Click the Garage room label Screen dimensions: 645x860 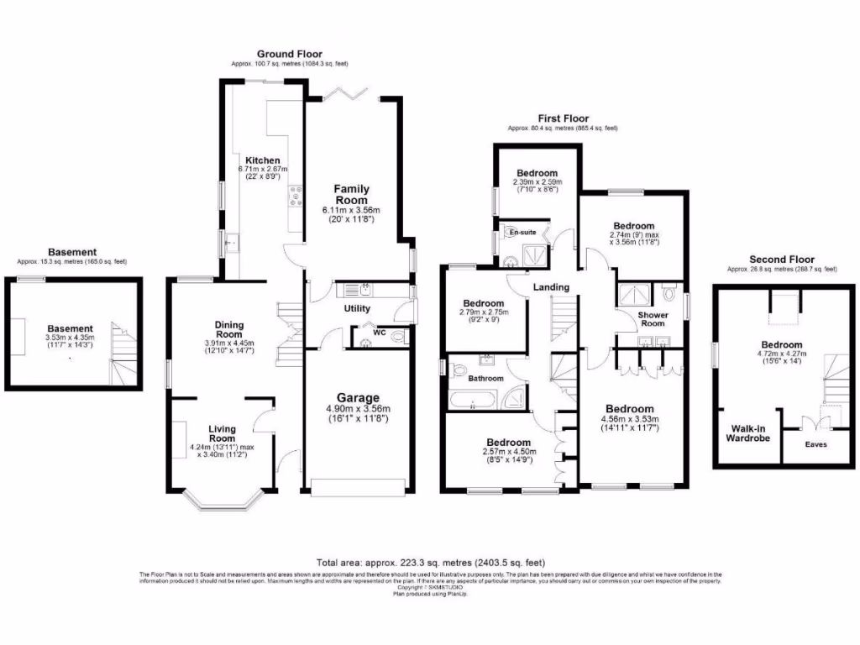[x=359, y=397]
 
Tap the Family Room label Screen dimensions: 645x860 [x=351, y=195]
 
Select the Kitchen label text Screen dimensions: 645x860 [x=262, y=160]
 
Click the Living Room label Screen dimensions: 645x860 [x=222, y=433]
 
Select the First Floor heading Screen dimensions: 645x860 [x=563, y=118]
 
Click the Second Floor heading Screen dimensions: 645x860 [x=782, y=260]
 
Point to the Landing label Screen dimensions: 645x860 [x=551, y=287]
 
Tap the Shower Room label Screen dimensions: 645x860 [x=653, y=318]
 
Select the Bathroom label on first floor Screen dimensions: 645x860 [x=487, y=379]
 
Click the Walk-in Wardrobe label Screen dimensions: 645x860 [x=747, y=433]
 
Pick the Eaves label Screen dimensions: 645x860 [x=815, y=444]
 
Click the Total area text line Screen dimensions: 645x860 [x=430, y=562]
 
